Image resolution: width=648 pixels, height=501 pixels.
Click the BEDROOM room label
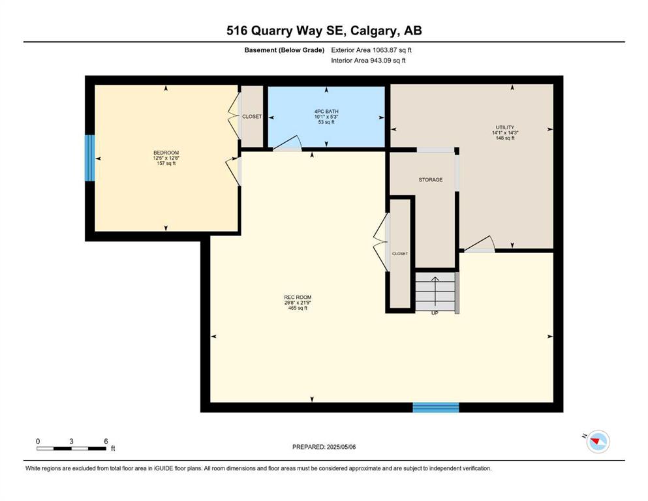(166, 153)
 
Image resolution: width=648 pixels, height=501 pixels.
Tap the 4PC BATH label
(326, 112)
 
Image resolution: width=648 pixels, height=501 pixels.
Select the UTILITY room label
(505, 127)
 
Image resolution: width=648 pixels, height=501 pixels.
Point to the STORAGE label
(431, 179)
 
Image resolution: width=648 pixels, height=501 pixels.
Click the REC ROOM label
(298, 297)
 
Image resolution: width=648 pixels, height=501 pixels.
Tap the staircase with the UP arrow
(435, 291)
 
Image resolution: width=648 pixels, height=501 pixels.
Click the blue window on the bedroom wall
(89, 158)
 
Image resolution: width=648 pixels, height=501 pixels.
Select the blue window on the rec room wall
(436, 407)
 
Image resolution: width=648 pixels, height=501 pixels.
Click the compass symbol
(598, 441)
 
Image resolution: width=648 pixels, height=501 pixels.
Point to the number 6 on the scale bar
(106, 442)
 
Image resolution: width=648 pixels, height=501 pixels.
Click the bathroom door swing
(287, 143)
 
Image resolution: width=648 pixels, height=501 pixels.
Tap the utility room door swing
(480, 244)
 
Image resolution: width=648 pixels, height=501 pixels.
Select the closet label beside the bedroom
(252, 117)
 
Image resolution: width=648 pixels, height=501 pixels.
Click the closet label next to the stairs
(399, 254)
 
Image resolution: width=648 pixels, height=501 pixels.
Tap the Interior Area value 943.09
(380, 60)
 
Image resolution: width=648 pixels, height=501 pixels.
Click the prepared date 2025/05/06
(341, 447)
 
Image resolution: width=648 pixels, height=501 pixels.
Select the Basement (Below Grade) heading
(285, 50)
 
